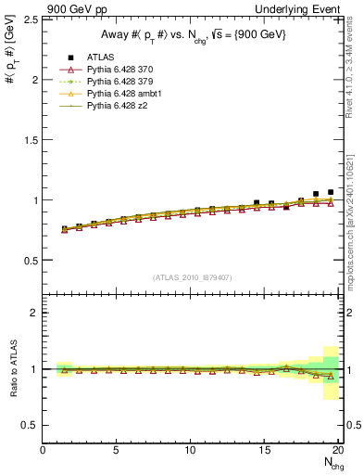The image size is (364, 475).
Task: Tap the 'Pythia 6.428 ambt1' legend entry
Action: click(127, 94)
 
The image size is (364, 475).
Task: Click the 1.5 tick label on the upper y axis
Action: click(30, 140)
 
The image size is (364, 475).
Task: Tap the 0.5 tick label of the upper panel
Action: click(30, 260)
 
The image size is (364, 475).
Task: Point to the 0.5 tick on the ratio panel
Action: click(30, 425)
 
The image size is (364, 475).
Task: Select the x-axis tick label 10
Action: click(191, 450)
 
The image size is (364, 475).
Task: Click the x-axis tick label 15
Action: click(265, 450)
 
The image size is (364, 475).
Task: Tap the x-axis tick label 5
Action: click(117, 450)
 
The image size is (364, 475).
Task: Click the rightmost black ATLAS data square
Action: click(331, 192)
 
